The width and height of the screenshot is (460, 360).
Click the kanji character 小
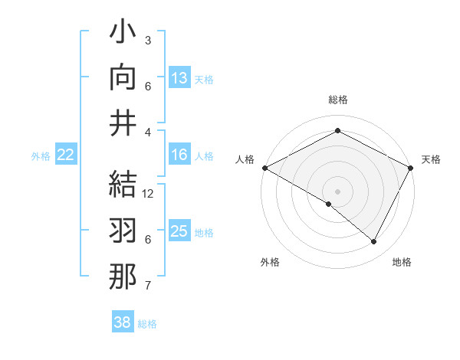(123, 35)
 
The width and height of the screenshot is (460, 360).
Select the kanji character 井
(123, 123)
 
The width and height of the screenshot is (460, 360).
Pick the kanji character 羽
(123, 232)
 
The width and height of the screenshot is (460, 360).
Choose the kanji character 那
(123, 276)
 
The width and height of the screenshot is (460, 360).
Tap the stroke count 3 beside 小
(148, 40)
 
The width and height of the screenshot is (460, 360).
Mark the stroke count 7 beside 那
(148, 286)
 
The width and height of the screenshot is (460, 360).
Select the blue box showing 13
(179, 78)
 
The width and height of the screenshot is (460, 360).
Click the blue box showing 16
(179, 155)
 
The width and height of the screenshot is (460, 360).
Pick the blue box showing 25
(179, 231)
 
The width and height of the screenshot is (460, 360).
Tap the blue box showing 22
(65, 155)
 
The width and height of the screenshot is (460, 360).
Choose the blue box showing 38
(123, 322)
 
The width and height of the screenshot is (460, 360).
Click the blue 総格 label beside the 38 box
(147, 324)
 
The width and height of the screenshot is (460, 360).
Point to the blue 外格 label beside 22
(41, 156)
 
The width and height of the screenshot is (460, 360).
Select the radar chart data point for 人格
(264, 168)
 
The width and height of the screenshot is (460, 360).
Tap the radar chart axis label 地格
(402, 262)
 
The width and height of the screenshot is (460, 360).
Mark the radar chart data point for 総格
(337, 131)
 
